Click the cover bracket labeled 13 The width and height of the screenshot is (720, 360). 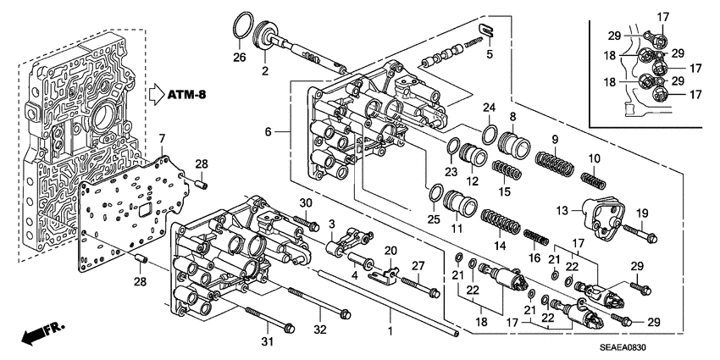click(x=589, y=213)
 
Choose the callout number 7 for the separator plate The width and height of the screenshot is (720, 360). click(x=162, y=138)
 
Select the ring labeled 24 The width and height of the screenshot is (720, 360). click(x=490, y=133)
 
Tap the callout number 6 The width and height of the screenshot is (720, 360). click(x=269, y=133)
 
